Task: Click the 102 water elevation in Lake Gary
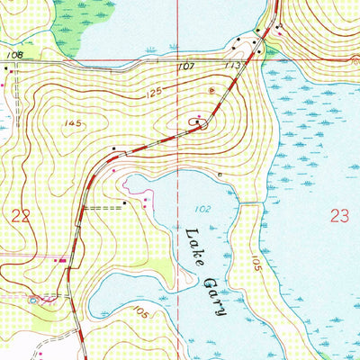tap(202, 209)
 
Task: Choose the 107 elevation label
tap(186, 67)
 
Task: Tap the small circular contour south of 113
tap(212, 90)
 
